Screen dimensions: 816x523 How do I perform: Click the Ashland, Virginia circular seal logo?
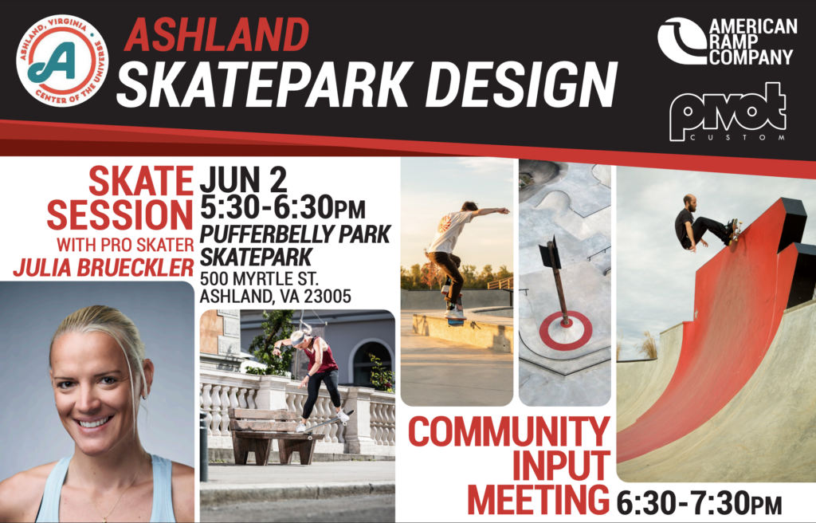[x=62, y=61]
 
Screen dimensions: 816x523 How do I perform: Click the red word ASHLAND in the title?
[x=217, y=35]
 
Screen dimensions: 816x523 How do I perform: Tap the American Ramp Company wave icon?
[x=682, y=41]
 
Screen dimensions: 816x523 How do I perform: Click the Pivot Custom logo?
[x=728, y=112]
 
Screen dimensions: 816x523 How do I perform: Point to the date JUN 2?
[x=244, y=179]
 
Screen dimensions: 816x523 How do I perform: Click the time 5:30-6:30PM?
[x=283, y=208]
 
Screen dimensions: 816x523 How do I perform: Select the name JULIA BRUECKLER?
[x=104, y=268]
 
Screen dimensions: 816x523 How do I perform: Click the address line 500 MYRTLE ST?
[x=260, y=278]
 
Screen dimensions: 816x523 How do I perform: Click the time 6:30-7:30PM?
[x=699, y=504]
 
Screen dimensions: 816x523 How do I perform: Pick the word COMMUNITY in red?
[x=509, y=432]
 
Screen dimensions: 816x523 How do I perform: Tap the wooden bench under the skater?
[x=273, y=435]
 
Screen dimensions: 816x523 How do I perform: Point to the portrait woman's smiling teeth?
[x=96, y=422]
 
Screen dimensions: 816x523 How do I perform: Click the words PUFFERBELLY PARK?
[x=295, y=234]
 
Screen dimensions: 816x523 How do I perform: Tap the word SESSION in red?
[x=120, y=214]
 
